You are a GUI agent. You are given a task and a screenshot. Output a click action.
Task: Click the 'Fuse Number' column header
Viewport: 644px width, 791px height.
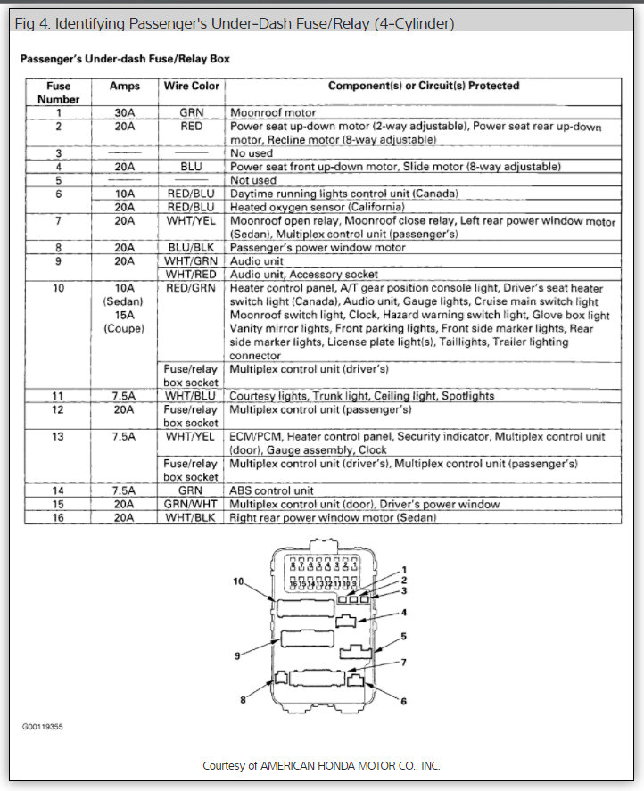pos(58,93)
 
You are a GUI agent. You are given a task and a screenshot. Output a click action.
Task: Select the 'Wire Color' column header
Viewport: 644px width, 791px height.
pos(191,87)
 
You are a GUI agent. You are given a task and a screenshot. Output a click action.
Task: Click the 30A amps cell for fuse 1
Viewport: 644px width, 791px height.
pos(124,113)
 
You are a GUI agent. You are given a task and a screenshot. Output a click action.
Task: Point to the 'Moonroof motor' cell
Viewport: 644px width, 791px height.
pos(273,113)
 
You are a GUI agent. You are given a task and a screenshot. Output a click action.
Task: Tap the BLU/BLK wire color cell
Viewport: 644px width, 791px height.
pos(191,247)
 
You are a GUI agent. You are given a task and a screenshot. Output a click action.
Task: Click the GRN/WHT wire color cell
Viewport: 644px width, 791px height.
pos(191,504)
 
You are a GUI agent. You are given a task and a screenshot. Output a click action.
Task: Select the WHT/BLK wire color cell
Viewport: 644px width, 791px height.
pos(191,517)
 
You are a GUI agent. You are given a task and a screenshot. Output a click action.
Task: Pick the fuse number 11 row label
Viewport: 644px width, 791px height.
pos(58,396)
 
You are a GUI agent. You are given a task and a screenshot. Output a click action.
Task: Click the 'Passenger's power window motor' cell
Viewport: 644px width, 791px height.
pos(318,247)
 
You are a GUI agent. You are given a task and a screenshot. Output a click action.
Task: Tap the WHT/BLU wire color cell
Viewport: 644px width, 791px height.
pos(191,396)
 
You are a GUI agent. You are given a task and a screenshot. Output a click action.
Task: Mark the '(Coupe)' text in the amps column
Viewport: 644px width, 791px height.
pos(124,328)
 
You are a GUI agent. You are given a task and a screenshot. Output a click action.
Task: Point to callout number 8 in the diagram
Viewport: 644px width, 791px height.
pos(242,700)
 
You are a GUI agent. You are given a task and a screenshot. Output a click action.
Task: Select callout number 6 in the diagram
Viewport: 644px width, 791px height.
pos(403,702)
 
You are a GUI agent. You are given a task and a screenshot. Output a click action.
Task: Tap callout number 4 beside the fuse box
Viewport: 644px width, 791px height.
pos(403,613)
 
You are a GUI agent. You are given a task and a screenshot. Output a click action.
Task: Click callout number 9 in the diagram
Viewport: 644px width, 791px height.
pos(238,655)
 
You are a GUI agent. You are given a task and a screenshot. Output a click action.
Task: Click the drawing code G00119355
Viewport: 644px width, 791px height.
pos(43,727)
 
